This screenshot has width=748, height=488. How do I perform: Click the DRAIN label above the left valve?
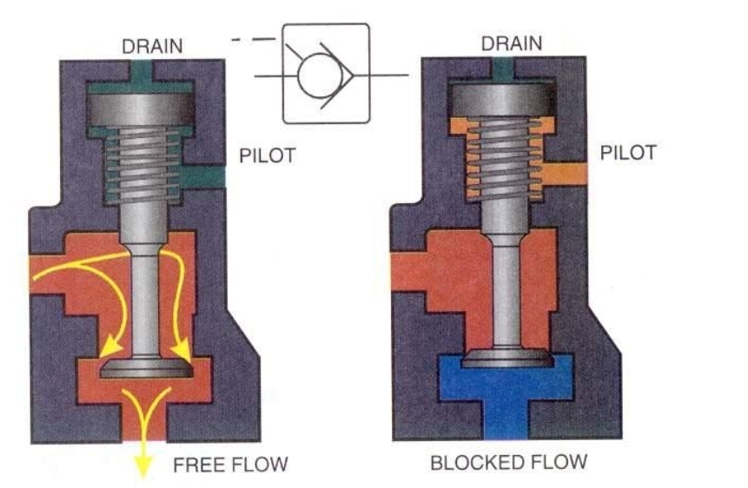153,45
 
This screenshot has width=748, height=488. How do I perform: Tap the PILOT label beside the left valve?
267,156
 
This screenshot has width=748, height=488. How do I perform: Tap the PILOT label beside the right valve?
628,154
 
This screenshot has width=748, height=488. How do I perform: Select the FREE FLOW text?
229,465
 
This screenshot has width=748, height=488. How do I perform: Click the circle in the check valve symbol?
315,76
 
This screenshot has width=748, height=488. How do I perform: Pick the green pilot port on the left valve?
206,178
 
